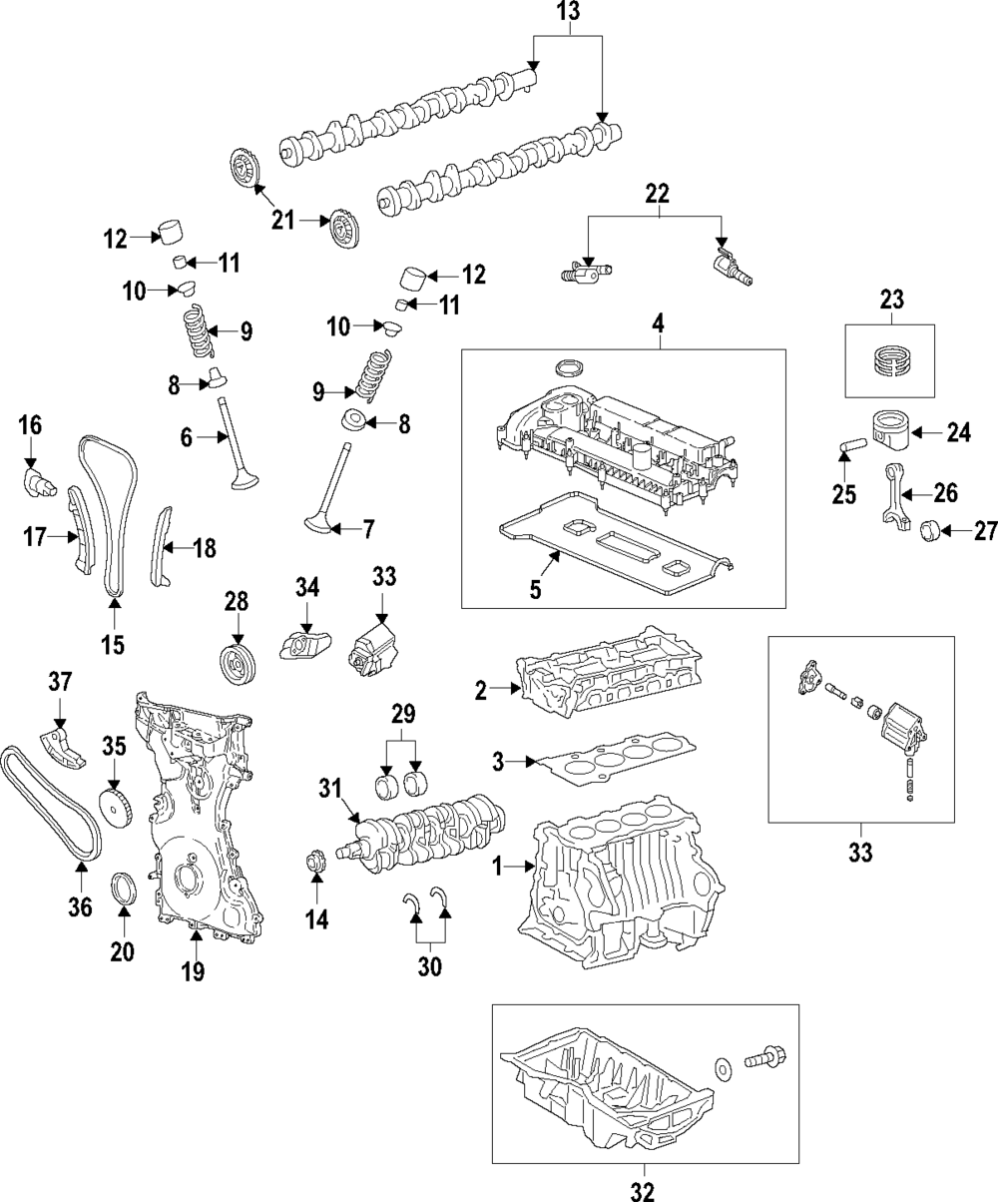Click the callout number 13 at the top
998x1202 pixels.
tap(568, 12)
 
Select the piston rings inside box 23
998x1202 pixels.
tap(891, 361)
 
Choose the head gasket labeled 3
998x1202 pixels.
tap(615, 758)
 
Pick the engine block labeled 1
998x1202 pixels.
tap(621, 883)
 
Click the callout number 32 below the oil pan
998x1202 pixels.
tap(643, 1191)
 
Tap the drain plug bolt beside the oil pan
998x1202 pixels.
tap(765, 1058)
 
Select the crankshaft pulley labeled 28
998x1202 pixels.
tap(240, 664)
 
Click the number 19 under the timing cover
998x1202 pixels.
tap(193, 972)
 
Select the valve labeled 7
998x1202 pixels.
tap(327, 489)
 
